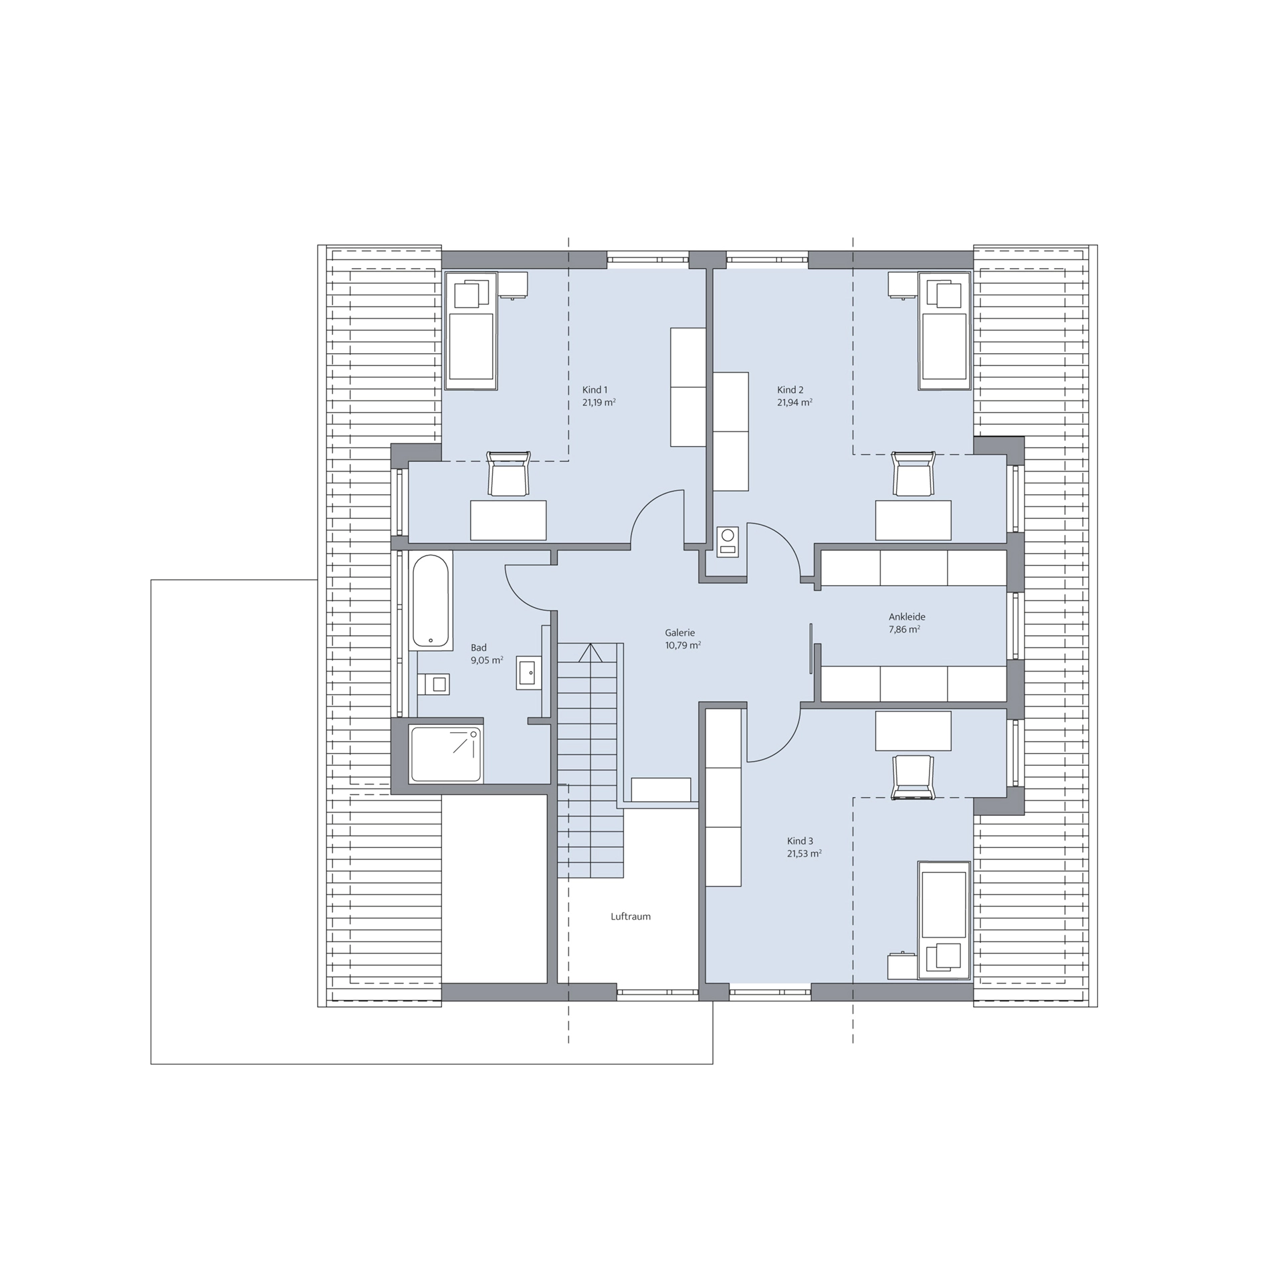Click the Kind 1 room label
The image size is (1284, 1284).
595,390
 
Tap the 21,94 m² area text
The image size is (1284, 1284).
794,403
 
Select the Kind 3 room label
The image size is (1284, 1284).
800,841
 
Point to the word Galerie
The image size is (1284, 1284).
679,633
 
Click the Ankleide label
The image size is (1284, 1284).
907,617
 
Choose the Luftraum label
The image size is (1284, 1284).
630,916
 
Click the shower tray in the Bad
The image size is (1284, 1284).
446,754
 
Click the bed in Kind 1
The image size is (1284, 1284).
471,330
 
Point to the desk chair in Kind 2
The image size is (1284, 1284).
914,474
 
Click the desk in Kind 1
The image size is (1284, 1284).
508,520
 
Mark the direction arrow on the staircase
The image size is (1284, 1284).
591,652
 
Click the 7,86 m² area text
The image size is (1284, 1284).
904,629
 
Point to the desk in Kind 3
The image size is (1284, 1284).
914,731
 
